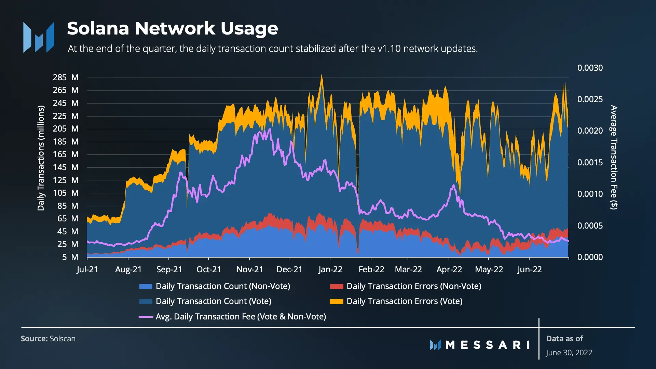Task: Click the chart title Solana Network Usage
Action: point(173,28)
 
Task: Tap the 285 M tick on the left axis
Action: point(65,78)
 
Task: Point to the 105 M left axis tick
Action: point(65,193)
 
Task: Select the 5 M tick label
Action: point(70,257)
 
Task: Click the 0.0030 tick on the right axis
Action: point(590,68)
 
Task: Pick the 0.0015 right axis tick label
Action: point(590,163)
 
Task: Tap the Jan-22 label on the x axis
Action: point(330,270)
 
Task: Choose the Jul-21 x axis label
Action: point(87,270)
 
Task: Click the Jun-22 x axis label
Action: point(529,270)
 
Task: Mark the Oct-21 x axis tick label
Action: point(209,270)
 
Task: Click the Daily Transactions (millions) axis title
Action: point(41,158)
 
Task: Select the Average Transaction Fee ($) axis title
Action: point(614,157)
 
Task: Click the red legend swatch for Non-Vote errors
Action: point(337,286)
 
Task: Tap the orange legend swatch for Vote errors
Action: point(337,301)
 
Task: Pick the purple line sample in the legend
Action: point(146,317)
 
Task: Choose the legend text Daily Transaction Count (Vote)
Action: point(214,301)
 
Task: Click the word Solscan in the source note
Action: point(63,339)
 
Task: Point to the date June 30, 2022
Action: point(569,353)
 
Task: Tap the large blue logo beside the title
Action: point(39,37)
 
